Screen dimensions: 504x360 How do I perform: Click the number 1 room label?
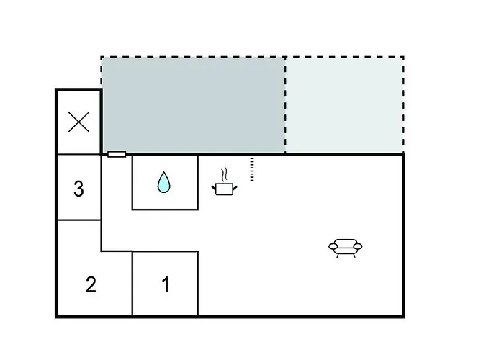pos(166,284)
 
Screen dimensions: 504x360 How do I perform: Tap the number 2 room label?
pos(91,284)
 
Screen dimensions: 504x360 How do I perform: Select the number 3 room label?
pos(78,189)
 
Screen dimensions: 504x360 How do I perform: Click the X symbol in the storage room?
pos(78,122)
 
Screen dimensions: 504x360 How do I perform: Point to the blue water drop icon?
pos(164,182)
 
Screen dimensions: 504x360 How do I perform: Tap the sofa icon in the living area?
pos(346,248)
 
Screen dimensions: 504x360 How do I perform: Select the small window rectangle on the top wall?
pos(117,154)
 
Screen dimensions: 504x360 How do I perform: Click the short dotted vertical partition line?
pos(252,169)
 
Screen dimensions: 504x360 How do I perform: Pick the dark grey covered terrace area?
pos(194,105)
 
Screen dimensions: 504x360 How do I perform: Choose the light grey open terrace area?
pos(344,105)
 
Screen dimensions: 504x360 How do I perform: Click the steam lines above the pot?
pos(225,174)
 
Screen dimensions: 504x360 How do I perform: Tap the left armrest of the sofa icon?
pos(333,246)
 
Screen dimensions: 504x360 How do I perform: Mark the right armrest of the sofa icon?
pos(358,246)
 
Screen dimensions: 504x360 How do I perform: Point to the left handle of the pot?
pos(214,187)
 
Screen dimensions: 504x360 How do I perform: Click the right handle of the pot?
pos(235,187)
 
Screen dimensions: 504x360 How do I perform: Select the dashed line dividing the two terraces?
pos(285,105)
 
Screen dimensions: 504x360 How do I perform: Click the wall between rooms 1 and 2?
pos(132,284)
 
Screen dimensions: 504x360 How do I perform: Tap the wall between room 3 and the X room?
pos(79,154)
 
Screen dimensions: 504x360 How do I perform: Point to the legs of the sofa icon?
pos(346,255)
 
